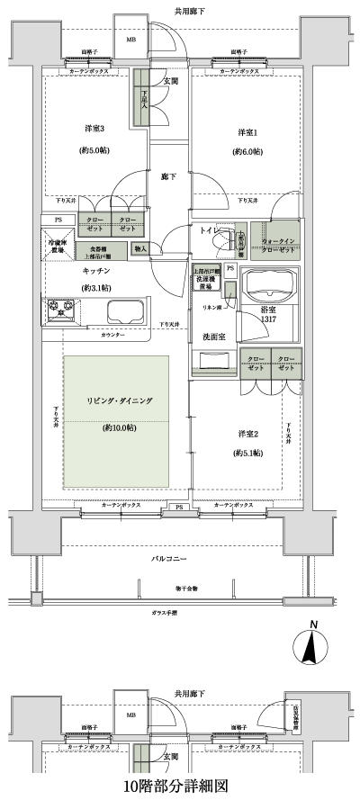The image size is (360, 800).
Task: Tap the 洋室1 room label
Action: [x=247, y=133]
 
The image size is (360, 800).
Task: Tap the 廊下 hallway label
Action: [x=169, y=176]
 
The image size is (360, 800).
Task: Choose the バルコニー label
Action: [x=169, y=559]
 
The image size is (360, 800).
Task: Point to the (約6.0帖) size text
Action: [x=247, y=152]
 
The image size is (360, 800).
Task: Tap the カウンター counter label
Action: [x=112, y=335]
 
